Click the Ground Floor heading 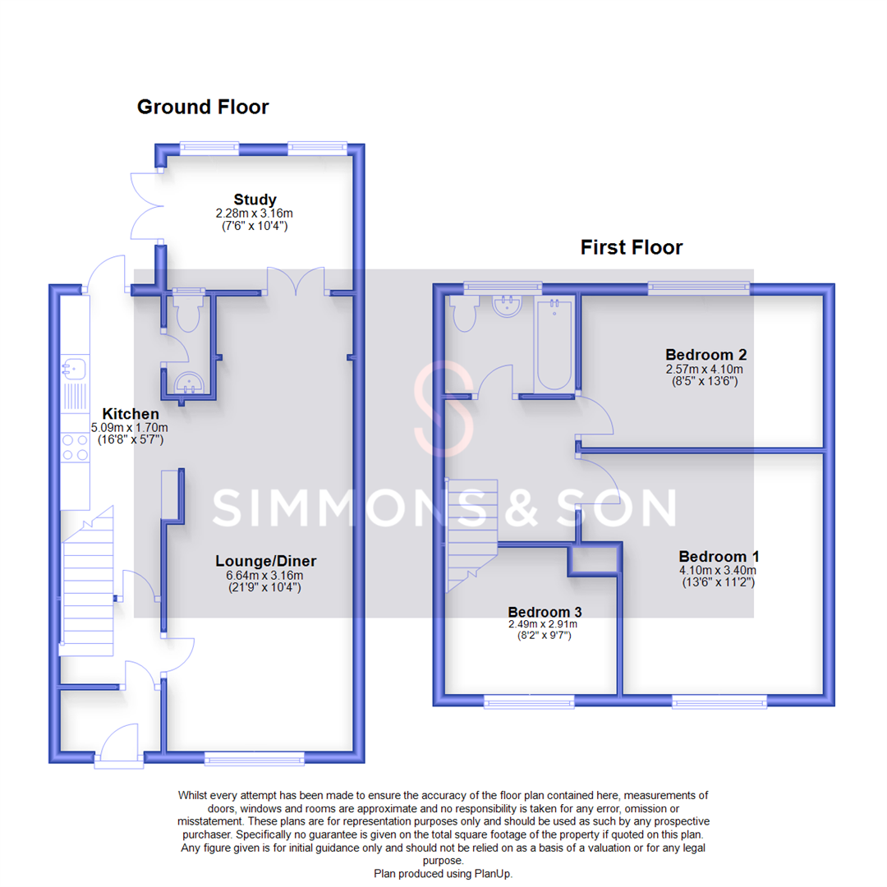tap(202, 107)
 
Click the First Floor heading tap(631, 247)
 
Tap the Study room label tap(255, 200)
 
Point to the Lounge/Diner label tap(265, 562)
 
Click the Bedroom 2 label tap(705, 355)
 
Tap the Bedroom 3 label tap(545, 612)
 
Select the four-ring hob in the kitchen tap(75, 448)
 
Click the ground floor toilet tap(186, 315)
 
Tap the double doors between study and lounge tap(294, 281)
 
